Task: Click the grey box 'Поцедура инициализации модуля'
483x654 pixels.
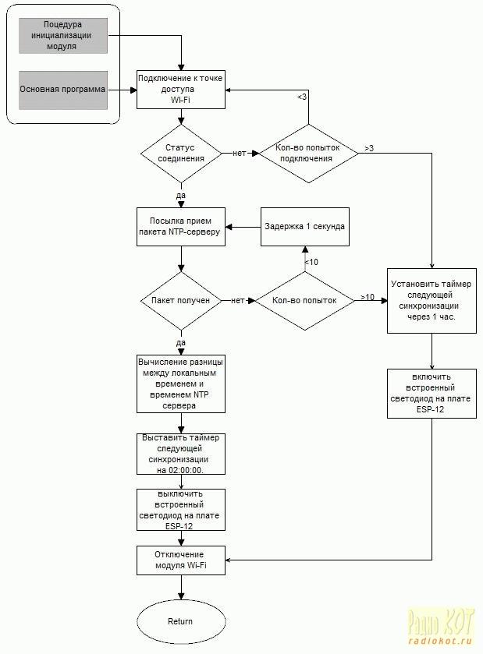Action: (63, 35)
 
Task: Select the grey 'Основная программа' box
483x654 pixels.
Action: (63, 90)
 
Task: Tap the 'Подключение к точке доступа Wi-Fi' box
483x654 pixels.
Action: (181, 90)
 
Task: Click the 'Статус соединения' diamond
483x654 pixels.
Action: (181, 154)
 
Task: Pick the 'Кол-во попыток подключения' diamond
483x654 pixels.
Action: (308, 154)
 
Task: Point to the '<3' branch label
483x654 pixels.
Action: (302, 97)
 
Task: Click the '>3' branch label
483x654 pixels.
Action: (369, 148)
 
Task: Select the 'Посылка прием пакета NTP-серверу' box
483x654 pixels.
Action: (181, 227)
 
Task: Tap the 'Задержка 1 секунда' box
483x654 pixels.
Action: (305, 227)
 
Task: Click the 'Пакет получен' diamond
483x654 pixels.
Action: (181, 301)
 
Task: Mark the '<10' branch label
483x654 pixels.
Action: (311, 262)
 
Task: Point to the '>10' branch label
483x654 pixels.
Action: (368, 297)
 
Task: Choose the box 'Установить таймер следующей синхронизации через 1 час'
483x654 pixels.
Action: (432, 301)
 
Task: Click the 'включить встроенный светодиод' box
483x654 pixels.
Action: (432, 394)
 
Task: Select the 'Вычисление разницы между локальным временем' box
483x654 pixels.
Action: (181, 384)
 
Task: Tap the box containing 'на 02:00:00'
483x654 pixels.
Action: (181, 454)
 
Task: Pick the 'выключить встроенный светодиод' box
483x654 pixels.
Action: (181, 510)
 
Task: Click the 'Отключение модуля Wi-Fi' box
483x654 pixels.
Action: (181, 560)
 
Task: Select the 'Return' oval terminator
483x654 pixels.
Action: (181, 621)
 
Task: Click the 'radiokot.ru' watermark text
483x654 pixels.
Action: (440, 642)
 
